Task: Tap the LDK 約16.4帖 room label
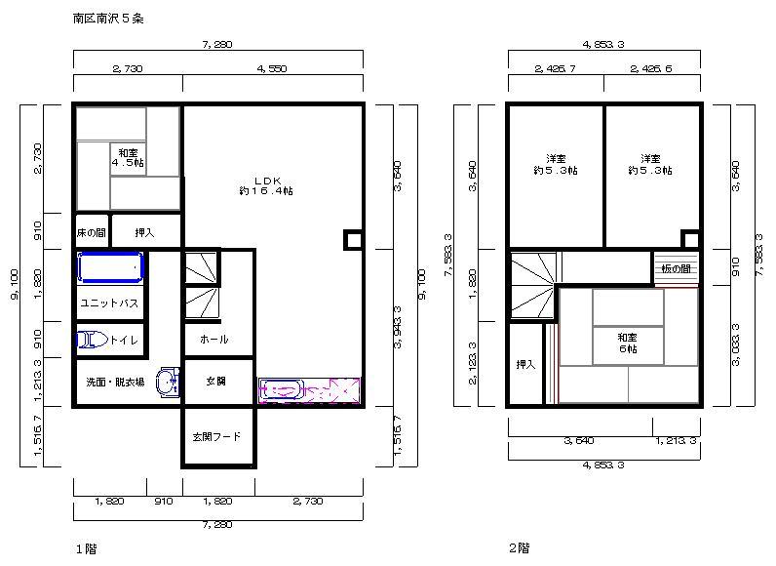click(266, 185)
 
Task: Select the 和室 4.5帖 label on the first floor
click(128, 158)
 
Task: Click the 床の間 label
click(91, 233)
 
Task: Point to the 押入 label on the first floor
click(144, 233)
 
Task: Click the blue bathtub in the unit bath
click(110, 267)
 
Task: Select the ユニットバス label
click(109, 303)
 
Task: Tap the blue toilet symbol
click(91, 340)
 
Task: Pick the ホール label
click(213, 340)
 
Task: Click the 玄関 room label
click(216, 382)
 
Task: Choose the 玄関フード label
click(215, 437)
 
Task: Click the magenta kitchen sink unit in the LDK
click(309, 390)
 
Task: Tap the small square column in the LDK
click(352, 240)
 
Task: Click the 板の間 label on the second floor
click(675, 268)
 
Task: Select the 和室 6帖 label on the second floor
click(627, 343)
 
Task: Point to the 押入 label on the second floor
click(525, 365)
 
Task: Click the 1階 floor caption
click(86, 549)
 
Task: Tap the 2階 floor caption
click(519, 549)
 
